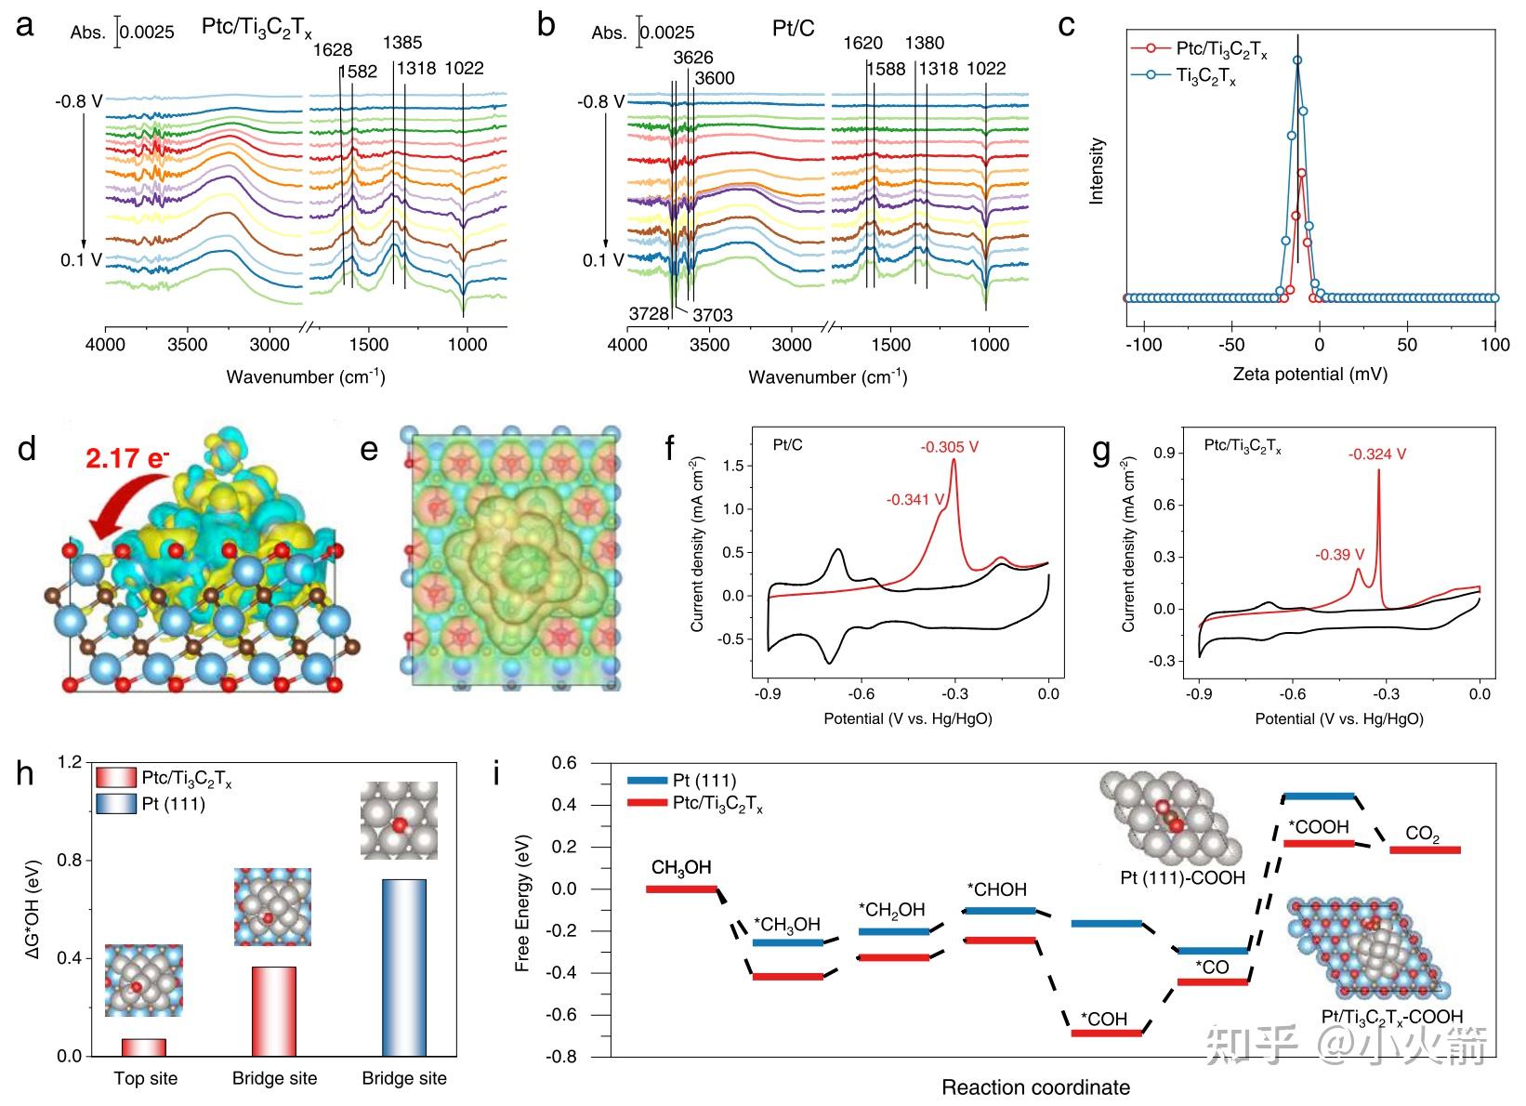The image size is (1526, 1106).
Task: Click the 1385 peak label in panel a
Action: [402, 43]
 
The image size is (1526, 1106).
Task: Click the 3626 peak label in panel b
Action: [693, 58]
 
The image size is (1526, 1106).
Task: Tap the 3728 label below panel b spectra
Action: [649, 314]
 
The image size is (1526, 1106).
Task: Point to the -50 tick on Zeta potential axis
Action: [1231, 345]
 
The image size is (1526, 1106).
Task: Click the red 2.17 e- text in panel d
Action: [127, 458]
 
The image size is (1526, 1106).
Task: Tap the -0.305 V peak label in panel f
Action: [949, 447]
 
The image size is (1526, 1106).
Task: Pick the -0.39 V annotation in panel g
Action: [1333, 555]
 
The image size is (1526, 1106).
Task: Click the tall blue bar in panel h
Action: [404, 967]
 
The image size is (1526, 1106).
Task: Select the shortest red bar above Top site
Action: [144, 1047]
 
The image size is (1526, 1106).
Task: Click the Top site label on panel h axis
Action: [146, 1079]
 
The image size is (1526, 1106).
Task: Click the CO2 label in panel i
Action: [1422, 833]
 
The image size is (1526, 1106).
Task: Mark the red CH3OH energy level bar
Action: [681, 889]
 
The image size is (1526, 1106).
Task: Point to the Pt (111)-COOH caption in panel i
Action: [1182, 877]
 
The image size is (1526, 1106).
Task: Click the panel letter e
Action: [369, 450]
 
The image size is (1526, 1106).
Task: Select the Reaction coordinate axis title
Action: [1035, 1087]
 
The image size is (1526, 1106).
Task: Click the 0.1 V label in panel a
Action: [82, 260]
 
